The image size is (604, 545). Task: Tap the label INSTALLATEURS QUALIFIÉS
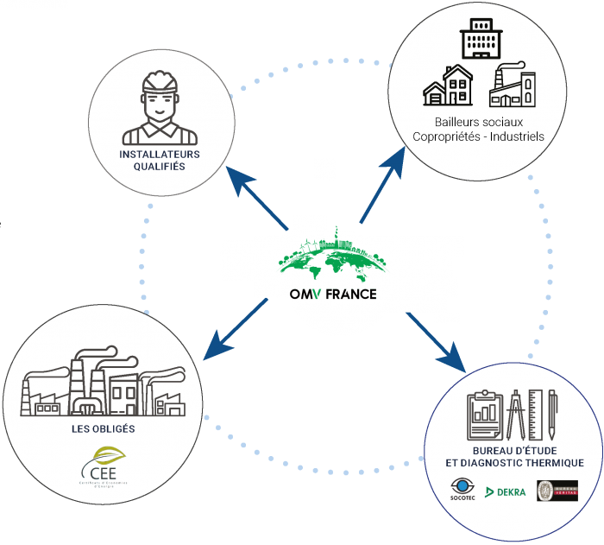click(x=160, y=161)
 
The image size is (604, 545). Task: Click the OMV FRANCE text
click(x=333, y=294)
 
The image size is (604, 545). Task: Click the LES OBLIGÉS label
click(x=104, y=428)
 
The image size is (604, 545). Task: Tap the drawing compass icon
click(x=517, y=415)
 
